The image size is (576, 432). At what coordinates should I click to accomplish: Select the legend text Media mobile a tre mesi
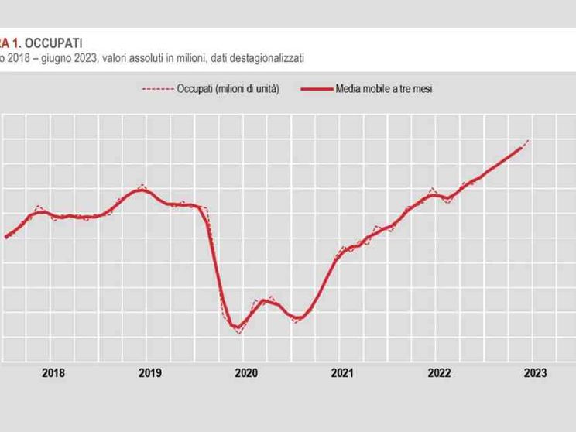click(x=383, y=89)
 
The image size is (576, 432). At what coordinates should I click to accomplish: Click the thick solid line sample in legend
click(x=312, y=89)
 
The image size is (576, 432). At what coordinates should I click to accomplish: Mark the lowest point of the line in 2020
click(x=238, y=331)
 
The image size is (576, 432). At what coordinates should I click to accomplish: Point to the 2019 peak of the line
click(x=140, y=188)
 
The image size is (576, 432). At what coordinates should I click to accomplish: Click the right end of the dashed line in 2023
click(x=529, y=140)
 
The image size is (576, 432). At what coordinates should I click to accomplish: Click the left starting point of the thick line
click(x=6, y=237)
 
